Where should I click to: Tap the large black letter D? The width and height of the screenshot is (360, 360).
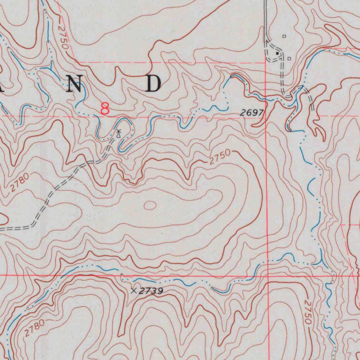click(154, 84)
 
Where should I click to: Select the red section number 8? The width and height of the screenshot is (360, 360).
click(105, 109)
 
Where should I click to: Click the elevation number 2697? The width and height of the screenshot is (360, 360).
click(252, 112)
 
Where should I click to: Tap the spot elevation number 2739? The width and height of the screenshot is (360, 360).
click(151, 291)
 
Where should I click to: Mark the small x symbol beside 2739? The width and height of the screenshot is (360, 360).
click(134, 291)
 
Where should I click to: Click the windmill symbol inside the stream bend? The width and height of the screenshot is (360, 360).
click(119, 133)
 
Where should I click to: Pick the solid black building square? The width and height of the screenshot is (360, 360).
click(277, 53)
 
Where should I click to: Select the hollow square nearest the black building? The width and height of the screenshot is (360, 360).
click(289, 59)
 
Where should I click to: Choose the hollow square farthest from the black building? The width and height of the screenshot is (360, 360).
click(284, 36)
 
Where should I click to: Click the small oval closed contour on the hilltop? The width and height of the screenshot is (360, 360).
click(150, 205)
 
